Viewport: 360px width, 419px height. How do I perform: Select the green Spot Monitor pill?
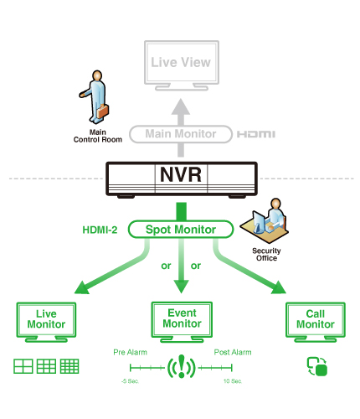pyautogui.click(x=182, y=229)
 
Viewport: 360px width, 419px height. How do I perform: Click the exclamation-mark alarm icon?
pyautogui.click(x=181, y=368)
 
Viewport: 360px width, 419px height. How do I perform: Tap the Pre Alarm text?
pyautogui.click(x=130, y=353)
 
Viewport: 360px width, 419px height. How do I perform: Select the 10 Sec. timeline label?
pyautogui.click(x=233, y=381)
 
